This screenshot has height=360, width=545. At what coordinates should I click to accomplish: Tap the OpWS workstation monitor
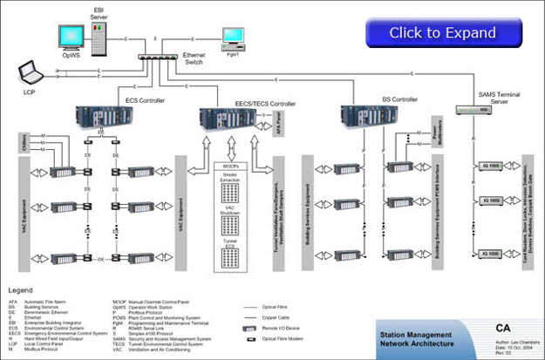71,37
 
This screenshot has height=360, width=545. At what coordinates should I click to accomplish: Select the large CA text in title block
503,329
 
